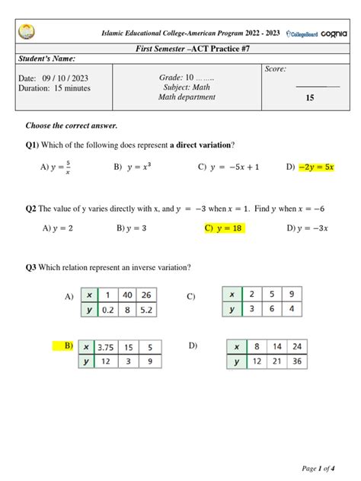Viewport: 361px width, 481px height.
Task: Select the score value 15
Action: pyautogui.click(x=309, y=98)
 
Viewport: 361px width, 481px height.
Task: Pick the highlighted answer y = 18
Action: pyautogui.click(x=223, y=228)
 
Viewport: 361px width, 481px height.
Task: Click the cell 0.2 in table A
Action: pyautogui.click(x=108, y=310)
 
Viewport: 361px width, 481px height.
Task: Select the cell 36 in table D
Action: pyautogui.click(x=296, y=362)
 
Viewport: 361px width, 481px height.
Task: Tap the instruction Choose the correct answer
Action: pyautogui.click(x=72, y=126)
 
